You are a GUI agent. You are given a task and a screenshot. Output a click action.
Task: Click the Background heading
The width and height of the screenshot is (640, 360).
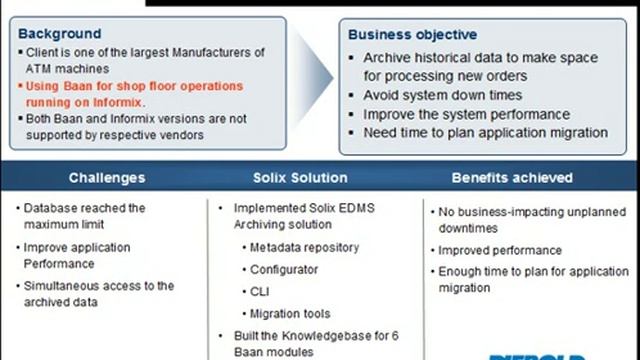59,33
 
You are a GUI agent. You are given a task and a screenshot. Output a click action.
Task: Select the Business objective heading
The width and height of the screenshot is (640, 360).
412,34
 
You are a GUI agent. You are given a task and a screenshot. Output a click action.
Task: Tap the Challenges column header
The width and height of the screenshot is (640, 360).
106,178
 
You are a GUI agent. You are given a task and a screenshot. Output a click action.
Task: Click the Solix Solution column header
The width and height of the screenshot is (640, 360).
300,178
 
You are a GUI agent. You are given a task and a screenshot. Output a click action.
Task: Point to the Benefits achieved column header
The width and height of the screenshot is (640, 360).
512,178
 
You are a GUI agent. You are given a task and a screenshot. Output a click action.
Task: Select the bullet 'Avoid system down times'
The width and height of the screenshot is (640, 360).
442,95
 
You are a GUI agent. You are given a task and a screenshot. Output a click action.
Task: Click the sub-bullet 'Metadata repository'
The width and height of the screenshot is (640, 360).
304,247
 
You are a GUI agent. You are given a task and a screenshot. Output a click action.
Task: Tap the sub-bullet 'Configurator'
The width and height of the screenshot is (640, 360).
284,269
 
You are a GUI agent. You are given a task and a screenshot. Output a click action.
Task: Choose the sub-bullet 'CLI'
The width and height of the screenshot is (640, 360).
260,291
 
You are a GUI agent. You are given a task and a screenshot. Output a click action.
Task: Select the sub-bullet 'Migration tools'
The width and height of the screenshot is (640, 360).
289,313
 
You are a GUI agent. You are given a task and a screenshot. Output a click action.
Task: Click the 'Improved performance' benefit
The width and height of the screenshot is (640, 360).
499,250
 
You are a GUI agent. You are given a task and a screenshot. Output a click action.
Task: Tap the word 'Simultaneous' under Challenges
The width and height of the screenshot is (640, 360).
66,286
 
